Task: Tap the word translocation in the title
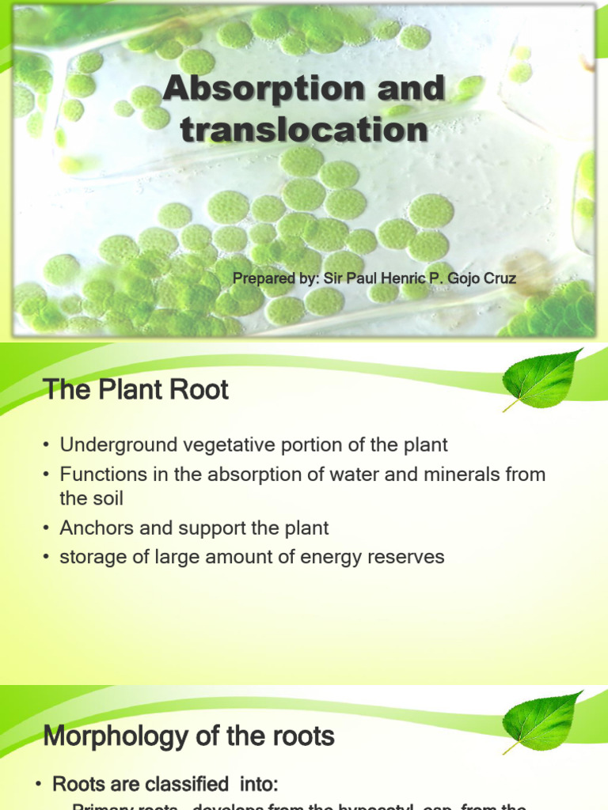[x=304, y=129]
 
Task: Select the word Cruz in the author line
[x=499, y=278]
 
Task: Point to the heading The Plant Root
[x=135, y=389]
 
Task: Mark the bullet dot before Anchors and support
[x=48, y=528]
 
